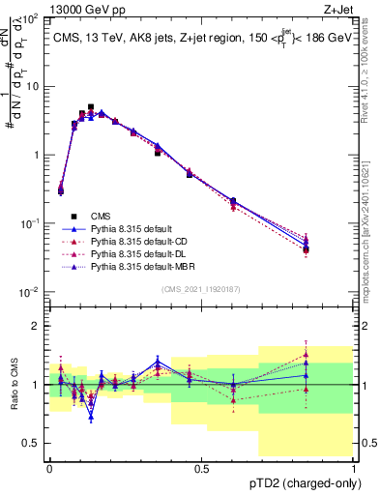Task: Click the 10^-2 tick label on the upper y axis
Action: point(30,292)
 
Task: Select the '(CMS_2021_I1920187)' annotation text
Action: point(201,290)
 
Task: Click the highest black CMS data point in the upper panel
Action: point(91,107)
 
